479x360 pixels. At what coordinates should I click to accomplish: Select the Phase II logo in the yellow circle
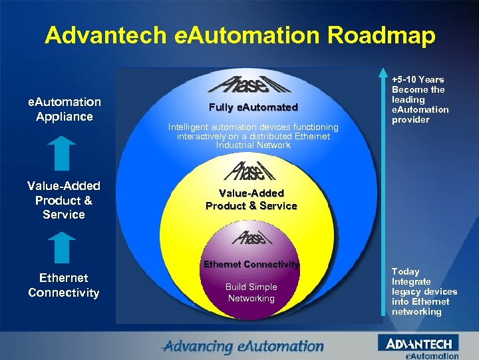[249, 171]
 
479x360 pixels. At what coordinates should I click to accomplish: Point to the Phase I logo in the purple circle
[249, 236]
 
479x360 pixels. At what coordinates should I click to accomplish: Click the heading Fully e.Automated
[253, 107]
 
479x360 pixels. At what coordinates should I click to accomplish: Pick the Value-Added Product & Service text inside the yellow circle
[251, 199]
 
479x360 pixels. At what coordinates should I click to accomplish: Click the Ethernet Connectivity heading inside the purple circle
[251, 264]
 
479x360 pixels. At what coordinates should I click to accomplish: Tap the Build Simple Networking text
[251, 292]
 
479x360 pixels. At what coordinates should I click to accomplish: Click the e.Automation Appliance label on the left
[64, 109]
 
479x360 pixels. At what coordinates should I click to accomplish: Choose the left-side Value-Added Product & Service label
[64, 200]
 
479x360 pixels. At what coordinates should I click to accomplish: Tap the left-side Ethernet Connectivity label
[64, 285]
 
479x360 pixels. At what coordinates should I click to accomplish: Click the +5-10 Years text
[418, 79]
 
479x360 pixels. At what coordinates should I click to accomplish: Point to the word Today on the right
[406, 271]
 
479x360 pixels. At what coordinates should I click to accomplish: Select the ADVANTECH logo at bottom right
[418, 344]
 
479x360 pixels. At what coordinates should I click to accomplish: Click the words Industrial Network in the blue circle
[253, 145]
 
